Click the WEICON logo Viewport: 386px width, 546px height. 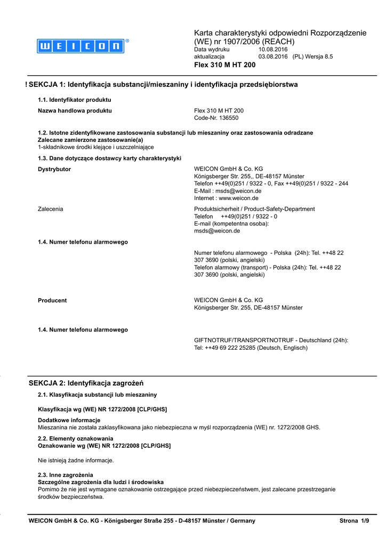tap(81, 46)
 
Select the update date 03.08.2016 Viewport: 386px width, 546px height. tap(273, 57)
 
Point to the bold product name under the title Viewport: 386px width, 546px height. tap(224, 65)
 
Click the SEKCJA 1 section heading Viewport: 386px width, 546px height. tap(163, 85)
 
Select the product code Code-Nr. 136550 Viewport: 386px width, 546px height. tap(216, 118)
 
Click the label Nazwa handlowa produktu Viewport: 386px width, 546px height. tap(75, 111)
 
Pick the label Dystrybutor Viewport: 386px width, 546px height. tap(54, 169)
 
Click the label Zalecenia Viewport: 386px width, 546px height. tap(51, 209)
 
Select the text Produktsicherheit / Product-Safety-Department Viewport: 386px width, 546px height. tap(254, 209)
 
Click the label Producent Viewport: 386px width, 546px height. tap(52, 300)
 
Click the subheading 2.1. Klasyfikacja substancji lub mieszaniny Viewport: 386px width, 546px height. tap(97, 395)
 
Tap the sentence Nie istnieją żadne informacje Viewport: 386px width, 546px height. tap(76, 460)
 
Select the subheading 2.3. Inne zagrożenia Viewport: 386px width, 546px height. tap(65, 475)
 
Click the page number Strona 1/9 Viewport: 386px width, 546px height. tap(354, 521)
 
